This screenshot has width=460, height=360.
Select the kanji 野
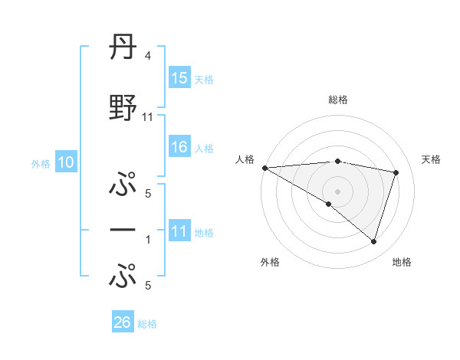click(123, 108)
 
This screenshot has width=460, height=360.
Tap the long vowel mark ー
click(123, 230)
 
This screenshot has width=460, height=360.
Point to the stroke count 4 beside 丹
click(147, 56)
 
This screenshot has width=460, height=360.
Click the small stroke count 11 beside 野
click(148, 117)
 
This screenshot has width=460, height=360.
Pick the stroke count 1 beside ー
click(148, 240)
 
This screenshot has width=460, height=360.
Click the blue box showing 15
click(179, 78)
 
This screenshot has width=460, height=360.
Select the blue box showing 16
click(179, 147)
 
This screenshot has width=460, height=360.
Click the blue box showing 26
click(123, 322)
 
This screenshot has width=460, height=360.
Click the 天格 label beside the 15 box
click(204, 79)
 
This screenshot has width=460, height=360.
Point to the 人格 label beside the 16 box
click(204, 148)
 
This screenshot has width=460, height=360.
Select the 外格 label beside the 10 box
click(41, 163)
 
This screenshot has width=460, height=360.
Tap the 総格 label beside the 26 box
click(147, 324)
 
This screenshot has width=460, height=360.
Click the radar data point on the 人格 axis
click(264, 167)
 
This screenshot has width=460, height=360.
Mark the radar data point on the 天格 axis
click(396, 172)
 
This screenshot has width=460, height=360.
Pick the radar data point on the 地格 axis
click(373, 241)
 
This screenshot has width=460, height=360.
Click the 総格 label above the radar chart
click(337, 100)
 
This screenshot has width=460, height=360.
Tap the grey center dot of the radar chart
click(337, 190)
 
